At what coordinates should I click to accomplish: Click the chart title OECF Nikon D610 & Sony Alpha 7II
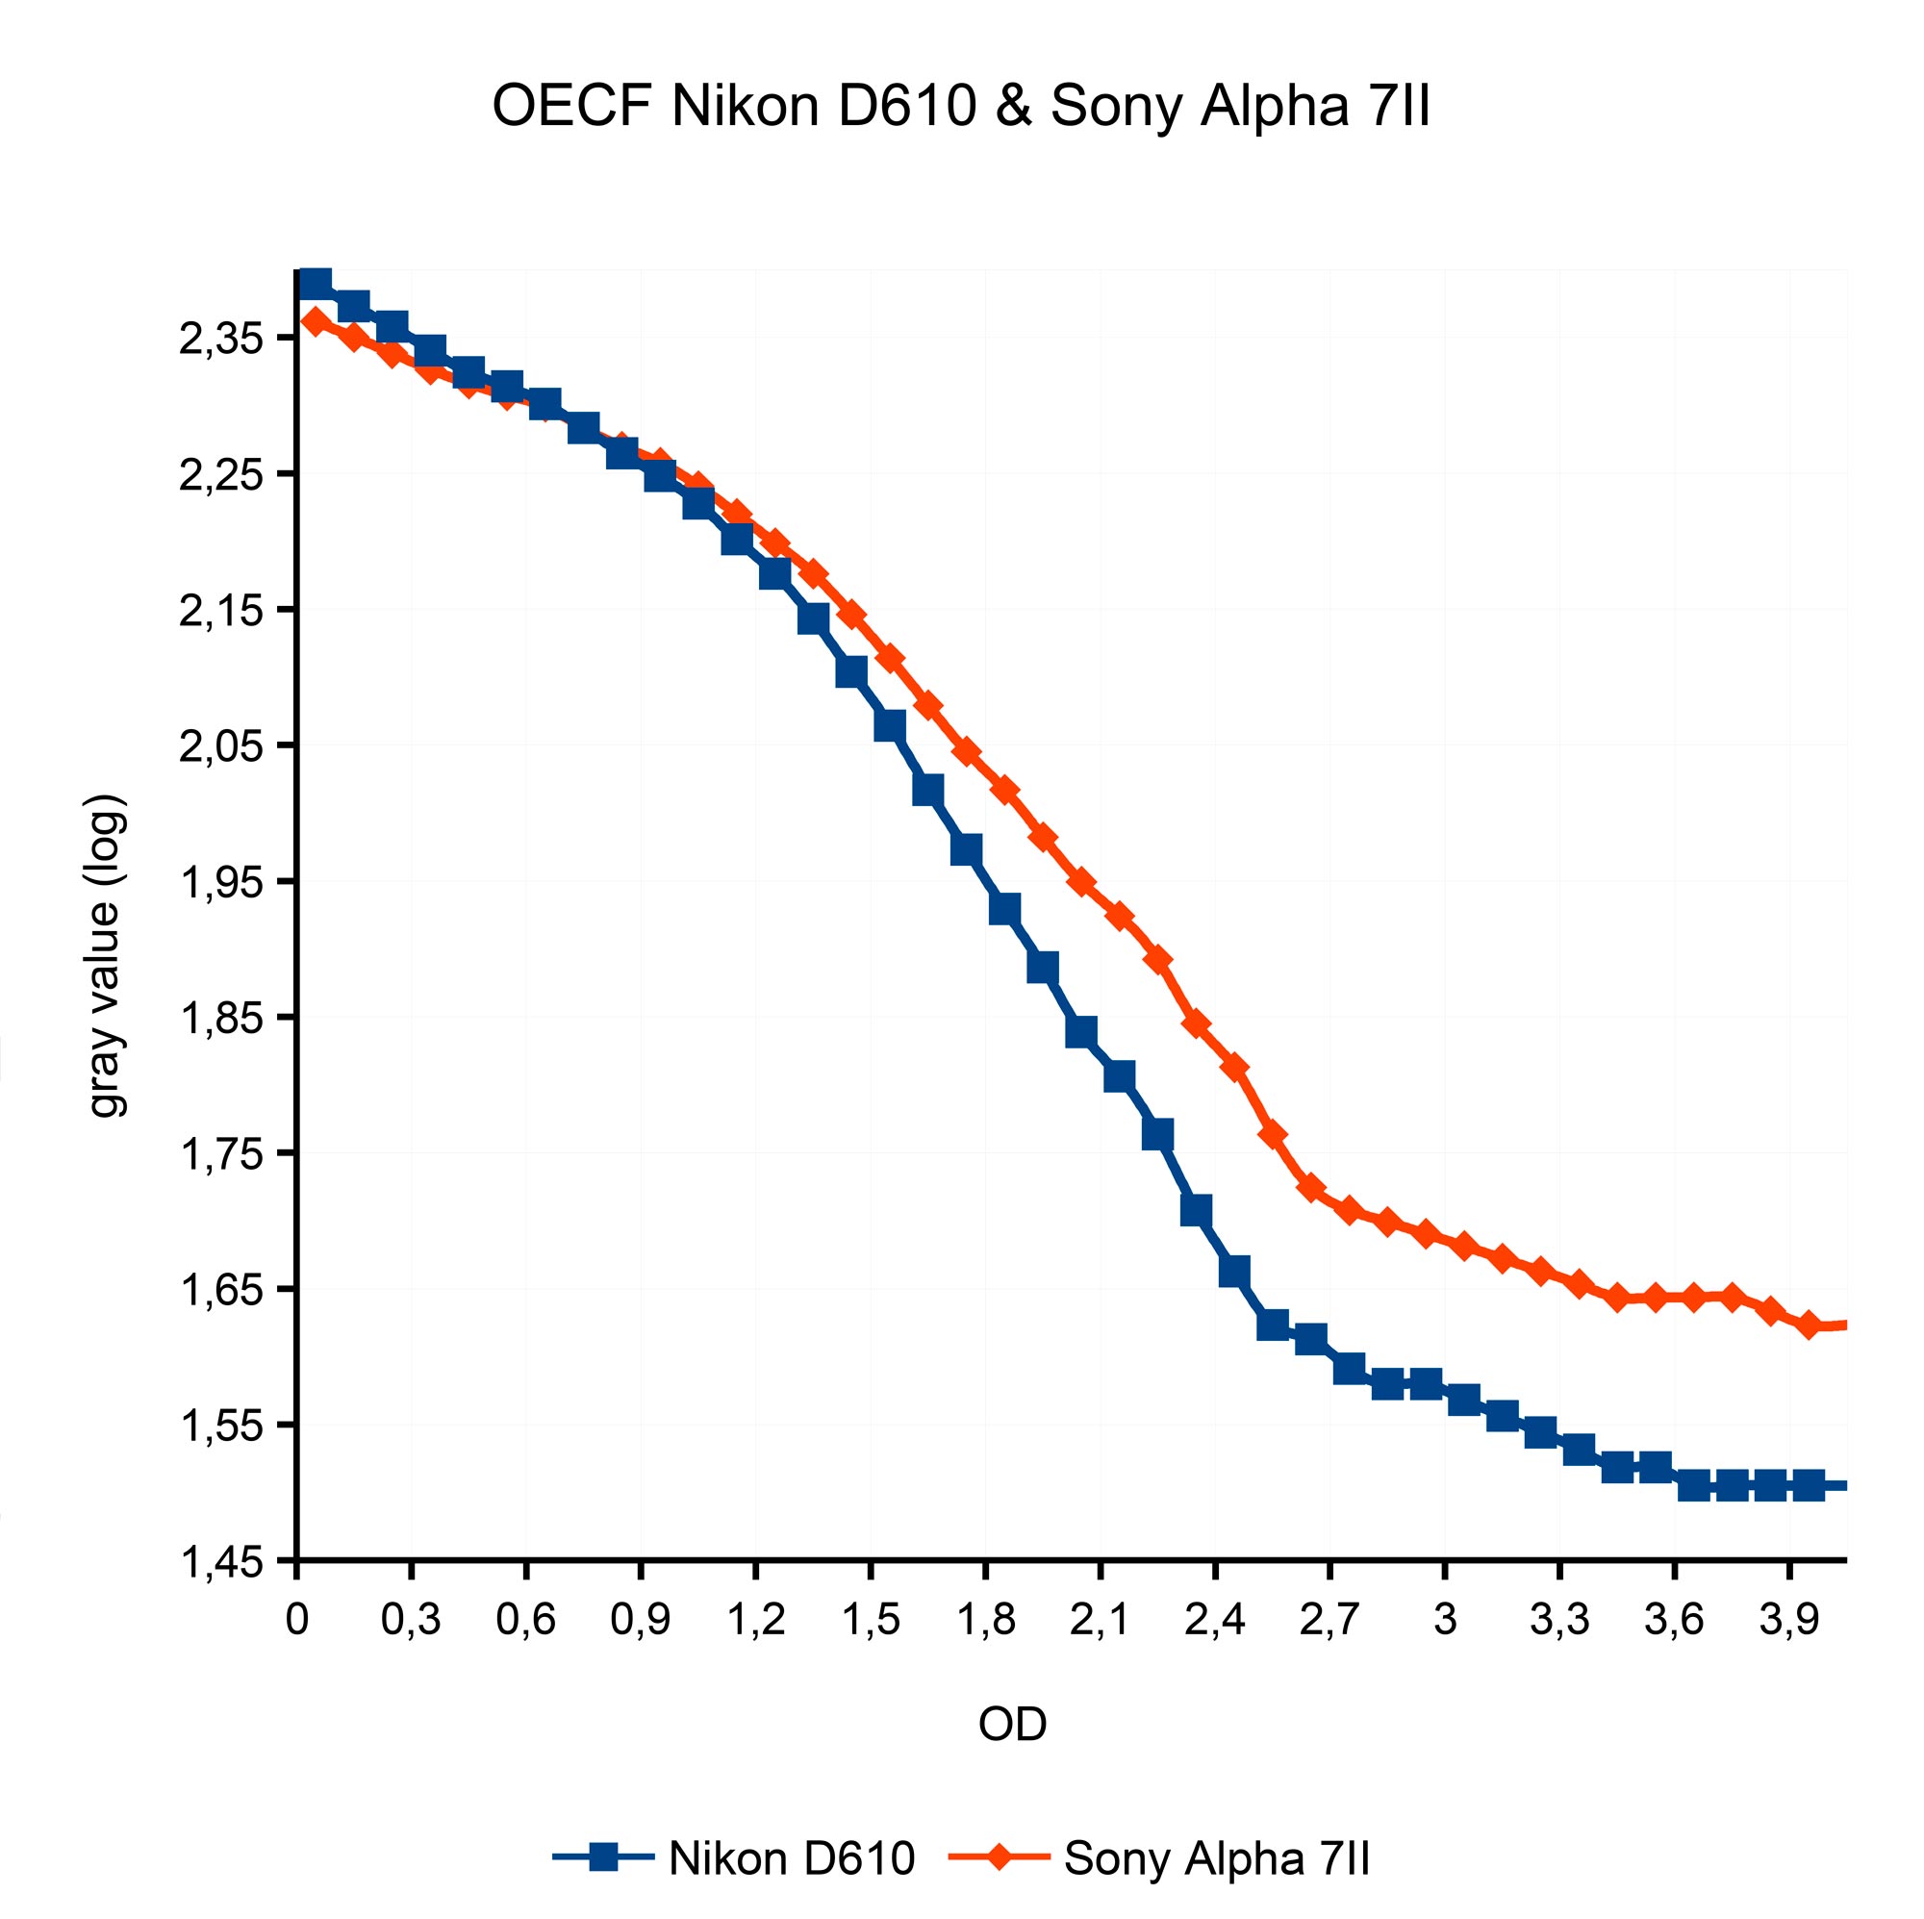tap(961, 107)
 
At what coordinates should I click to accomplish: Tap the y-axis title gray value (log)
tap(107, 956)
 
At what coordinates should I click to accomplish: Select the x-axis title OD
tap(1012, 1724)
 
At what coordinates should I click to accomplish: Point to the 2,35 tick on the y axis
tap(220, 339)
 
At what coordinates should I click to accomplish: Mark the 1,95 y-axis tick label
tap(220, 882)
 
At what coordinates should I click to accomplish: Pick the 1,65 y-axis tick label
tap(220, 1291)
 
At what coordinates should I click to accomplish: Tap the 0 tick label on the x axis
tap(296, 1620)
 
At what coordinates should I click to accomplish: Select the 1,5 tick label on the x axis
tap(871, 1620)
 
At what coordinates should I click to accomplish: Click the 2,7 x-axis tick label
tap(1329, 1620)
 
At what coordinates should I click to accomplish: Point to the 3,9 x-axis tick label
tap(1788, 1620)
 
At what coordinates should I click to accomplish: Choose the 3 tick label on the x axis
tap(1445, 1620)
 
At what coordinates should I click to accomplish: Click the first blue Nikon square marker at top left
tap(316, 284)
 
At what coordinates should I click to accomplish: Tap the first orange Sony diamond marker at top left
tap(316, 320)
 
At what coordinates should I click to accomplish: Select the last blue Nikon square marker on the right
tap(1809, 1486)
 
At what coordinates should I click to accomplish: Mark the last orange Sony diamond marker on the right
tap(1810, 1326)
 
